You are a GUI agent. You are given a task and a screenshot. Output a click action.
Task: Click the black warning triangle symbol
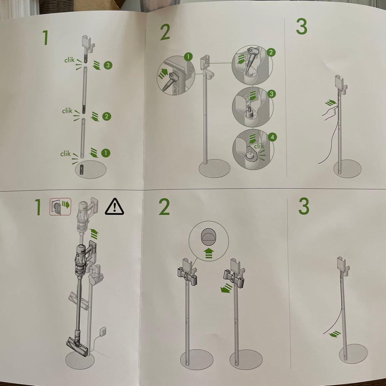click(114, 207)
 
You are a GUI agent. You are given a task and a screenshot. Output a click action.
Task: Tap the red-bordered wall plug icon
click(60, 207)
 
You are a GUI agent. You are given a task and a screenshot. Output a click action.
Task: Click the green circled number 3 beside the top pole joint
click(108, 65)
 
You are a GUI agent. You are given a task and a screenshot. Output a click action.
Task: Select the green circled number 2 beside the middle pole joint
click(107, 116)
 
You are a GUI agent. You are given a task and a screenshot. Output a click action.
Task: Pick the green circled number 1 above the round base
click(105, 153)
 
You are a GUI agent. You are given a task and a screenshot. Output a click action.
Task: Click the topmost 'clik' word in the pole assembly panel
click(69, 60)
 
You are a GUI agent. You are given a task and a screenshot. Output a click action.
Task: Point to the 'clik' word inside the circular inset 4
click(259, 146)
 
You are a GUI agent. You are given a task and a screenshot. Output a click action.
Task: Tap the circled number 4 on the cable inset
click(272, 137)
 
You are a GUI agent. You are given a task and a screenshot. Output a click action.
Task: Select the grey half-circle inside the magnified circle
click(209, 237)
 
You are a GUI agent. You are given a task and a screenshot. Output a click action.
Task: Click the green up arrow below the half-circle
click(209, 253)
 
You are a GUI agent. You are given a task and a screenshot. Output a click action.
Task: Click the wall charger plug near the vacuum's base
click(103, 331)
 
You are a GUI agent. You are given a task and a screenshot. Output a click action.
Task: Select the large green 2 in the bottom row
click(164, 207)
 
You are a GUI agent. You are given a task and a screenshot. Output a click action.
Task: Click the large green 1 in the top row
click(45, 38)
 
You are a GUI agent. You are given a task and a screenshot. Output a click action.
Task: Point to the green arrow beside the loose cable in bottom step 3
click(335, 334)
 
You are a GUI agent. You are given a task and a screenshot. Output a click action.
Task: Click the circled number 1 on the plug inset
click(188, 57)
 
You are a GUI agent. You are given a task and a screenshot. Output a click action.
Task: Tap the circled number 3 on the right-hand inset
click(271, 94)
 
